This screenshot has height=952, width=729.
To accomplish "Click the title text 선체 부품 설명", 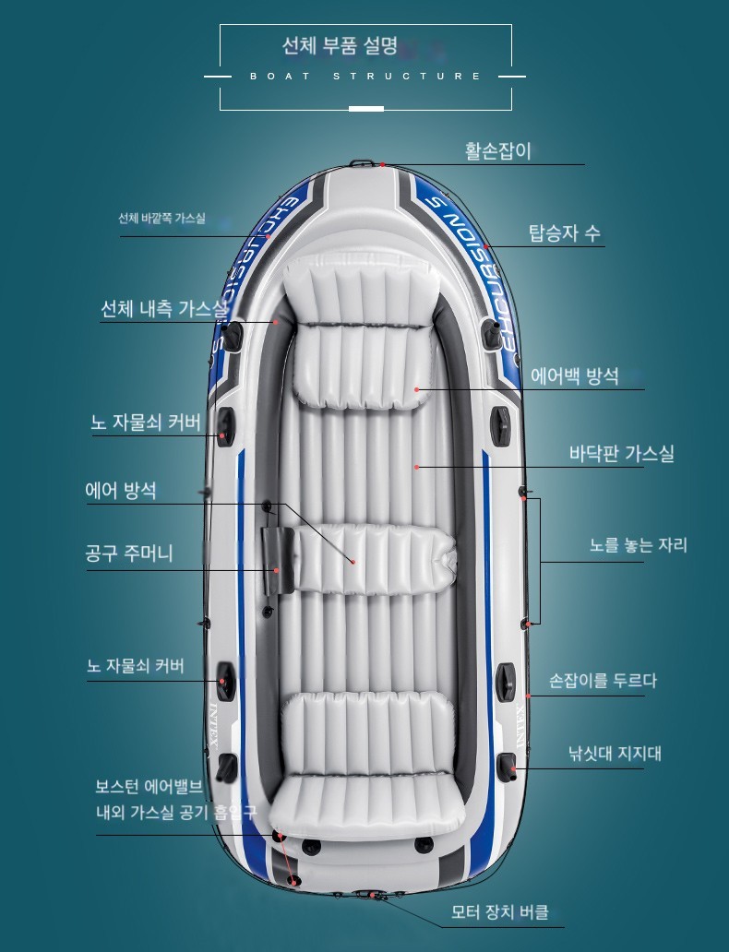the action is pyautogui.click(x=340, y=45).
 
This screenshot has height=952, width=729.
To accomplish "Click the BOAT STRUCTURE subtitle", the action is pyautogui.click(x=365, y=77).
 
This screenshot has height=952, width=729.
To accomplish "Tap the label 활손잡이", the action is pyautogui.click(x=498, y=150).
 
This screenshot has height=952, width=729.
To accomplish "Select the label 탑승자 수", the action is pyautogui.click(x=565, y=232).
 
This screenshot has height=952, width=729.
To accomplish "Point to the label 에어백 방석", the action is pyautogui.click(x=575, y=376).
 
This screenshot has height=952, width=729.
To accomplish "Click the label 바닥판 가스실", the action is pyautogui.click(x=621, y=454).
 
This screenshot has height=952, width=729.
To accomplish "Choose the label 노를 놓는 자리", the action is pyautogui.click(x=639, y=544).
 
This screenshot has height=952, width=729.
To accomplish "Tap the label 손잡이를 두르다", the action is pyautogui.click(x=603, y=681).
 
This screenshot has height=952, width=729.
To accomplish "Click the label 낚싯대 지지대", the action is pyautogui.click(x=615, y=754).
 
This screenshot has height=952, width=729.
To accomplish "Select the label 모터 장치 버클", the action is pyautogui.click(x=500, y=912).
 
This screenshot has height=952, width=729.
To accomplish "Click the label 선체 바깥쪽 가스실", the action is pyautogui.click(x=161, y=218).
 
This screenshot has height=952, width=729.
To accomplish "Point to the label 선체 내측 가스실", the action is pyautogui.click(x=164, y=309).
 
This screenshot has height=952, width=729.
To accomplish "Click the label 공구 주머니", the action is pyautogui.click(x=129, y=553).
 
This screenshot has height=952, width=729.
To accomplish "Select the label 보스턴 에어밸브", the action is pyautogui.click(x=149, y=787).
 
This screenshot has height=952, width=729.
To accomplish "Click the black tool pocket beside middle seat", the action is pyautogui.click(x=279, y=560).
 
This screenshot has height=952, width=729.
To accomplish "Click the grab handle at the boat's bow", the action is pyautogui.click(x=362, y=162).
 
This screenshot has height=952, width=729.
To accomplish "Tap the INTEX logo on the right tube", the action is pyautogui.click(x=520, y=726).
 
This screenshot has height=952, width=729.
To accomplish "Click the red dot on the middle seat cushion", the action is pyautogui.click(x=353, y=562).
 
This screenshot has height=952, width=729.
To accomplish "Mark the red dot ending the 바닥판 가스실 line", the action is pyautogui.click(x=417, y=467).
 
